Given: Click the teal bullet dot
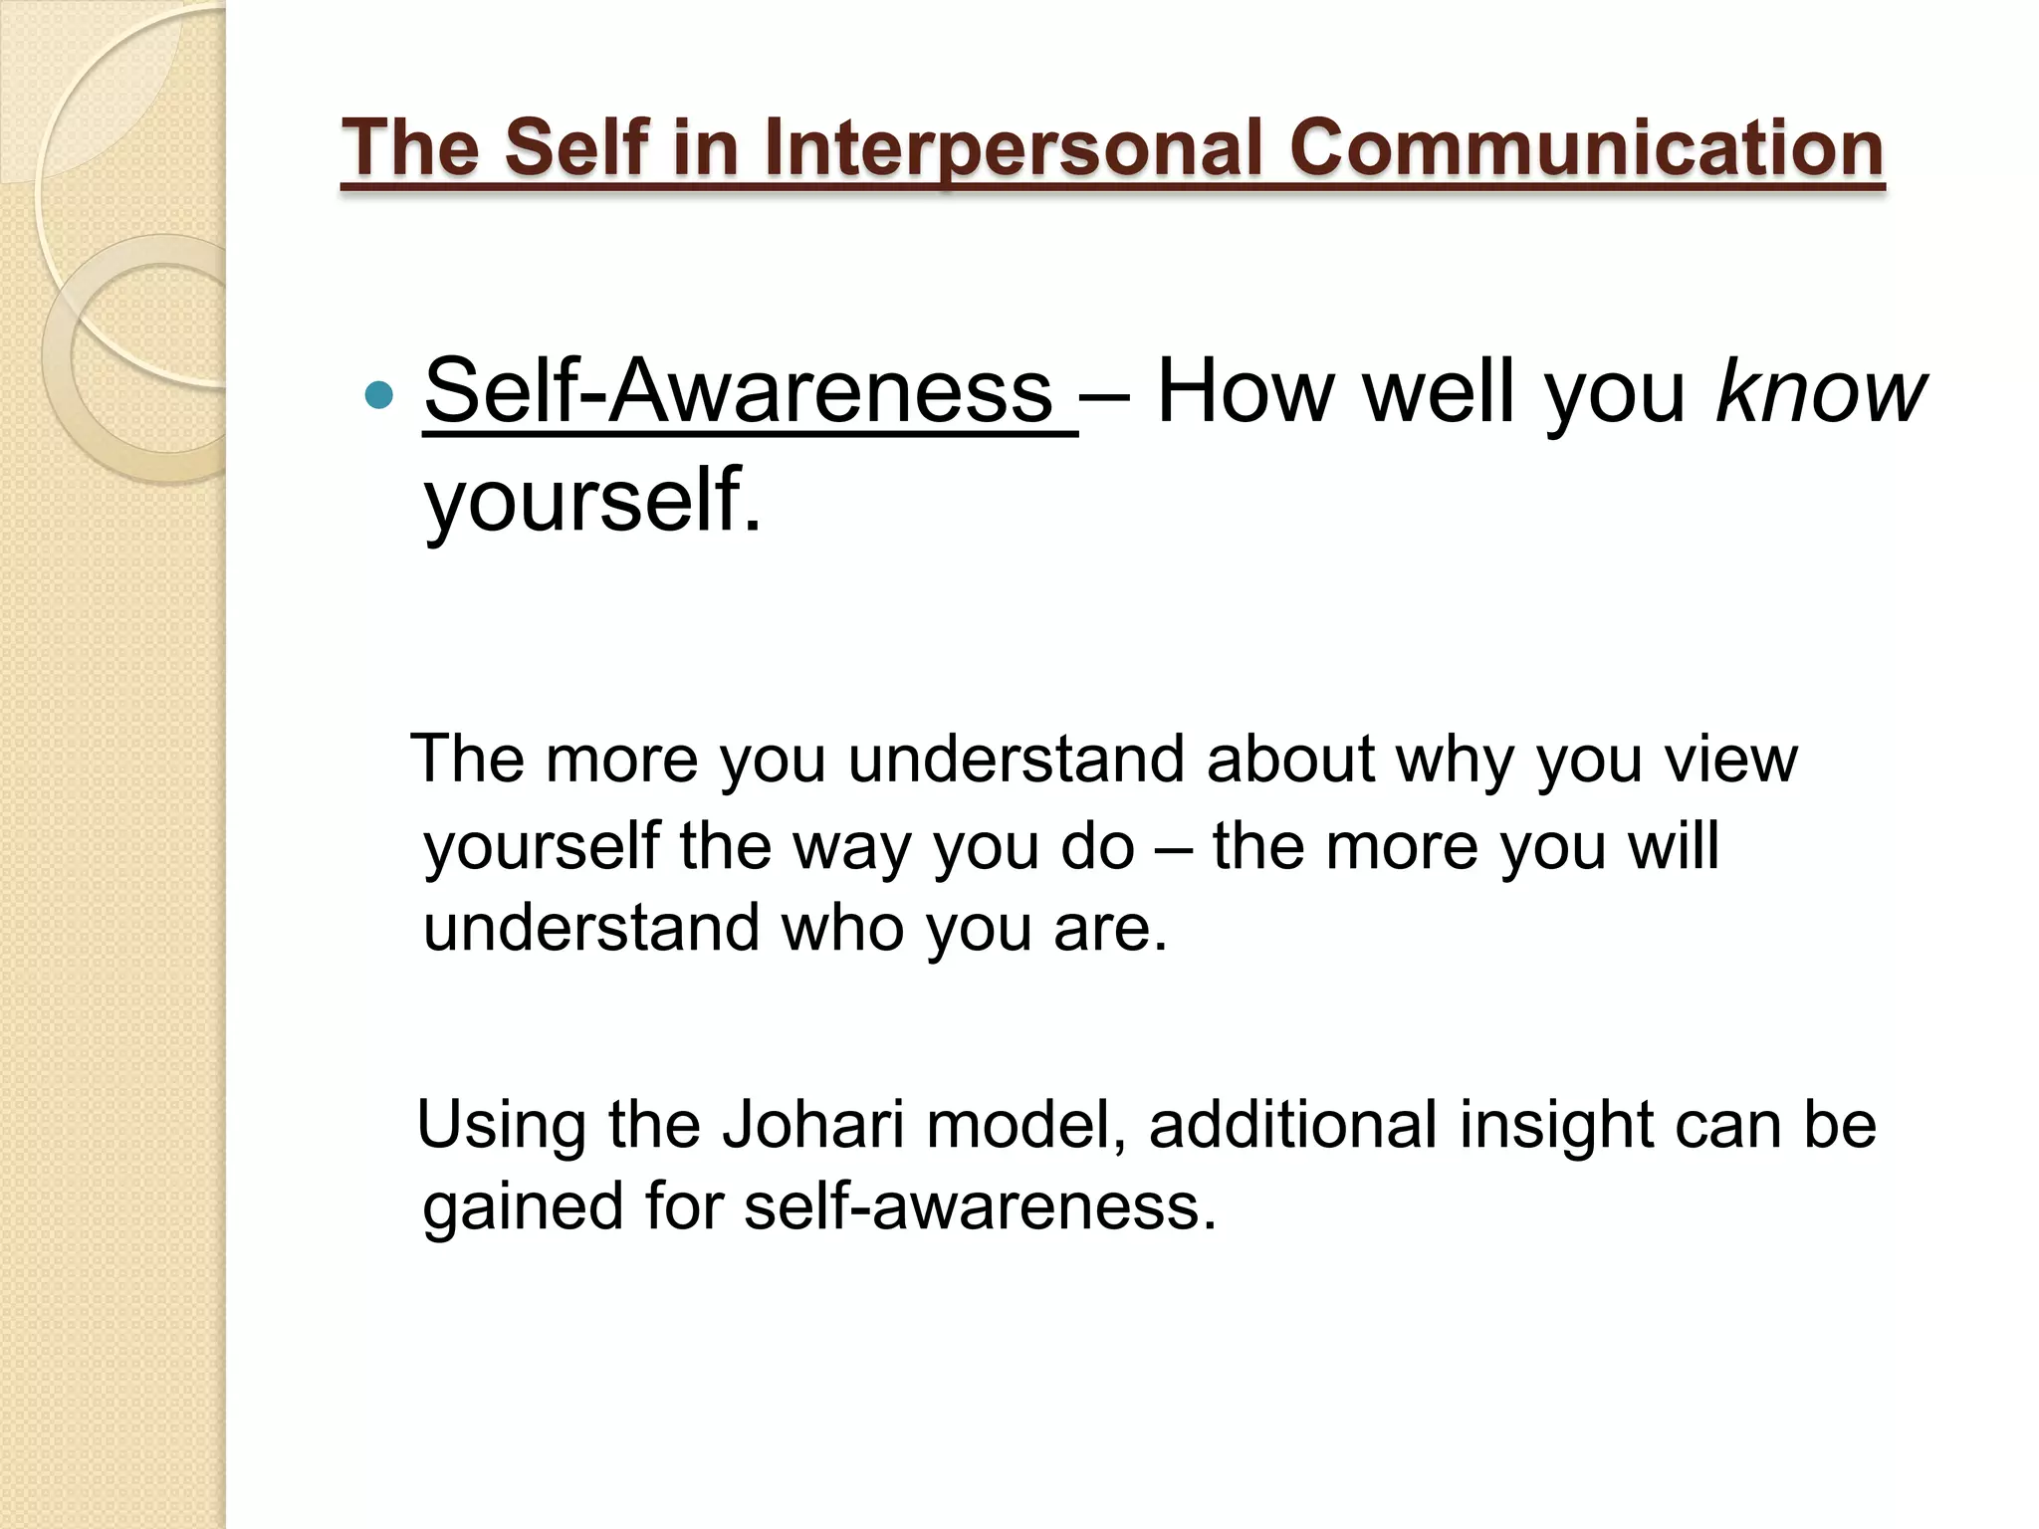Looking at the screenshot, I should [379, 396].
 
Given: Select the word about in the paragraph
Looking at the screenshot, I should [1290, 759].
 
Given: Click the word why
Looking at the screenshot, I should [1456, 761].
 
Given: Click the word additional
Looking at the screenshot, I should [1293, 1125].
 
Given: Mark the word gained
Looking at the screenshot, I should [523, 1207].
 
